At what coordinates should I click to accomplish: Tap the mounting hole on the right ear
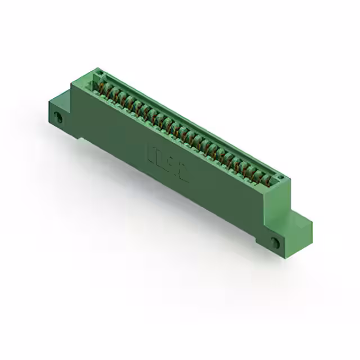(x=274, y=242)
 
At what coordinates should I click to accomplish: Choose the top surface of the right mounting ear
(x=299, y=217)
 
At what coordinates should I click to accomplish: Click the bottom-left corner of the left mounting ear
(x=51, y=121)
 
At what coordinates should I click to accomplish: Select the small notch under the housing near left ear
(x=82, y=138)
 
